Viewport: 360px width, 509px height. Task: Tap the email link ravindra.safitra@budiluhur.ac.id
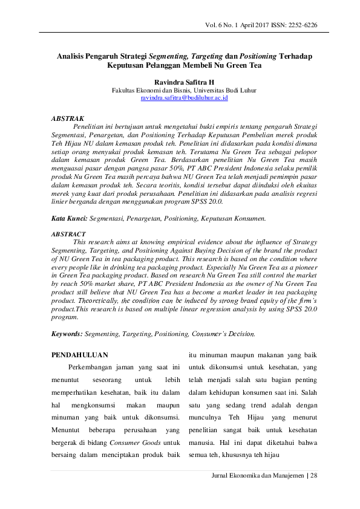coord(183,97)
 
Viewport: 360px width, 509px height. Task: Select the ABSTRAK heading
coord(68,118)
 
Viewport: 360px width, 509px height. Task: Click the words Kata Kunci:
coord(70,217)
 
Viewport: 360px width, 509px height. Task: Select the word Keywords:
coord(67,333)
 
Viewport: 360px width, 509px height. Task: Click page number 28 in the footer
coord(314,475)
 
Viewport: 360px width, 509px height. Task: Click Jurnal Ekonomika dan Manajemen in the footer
coord(257,475)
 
